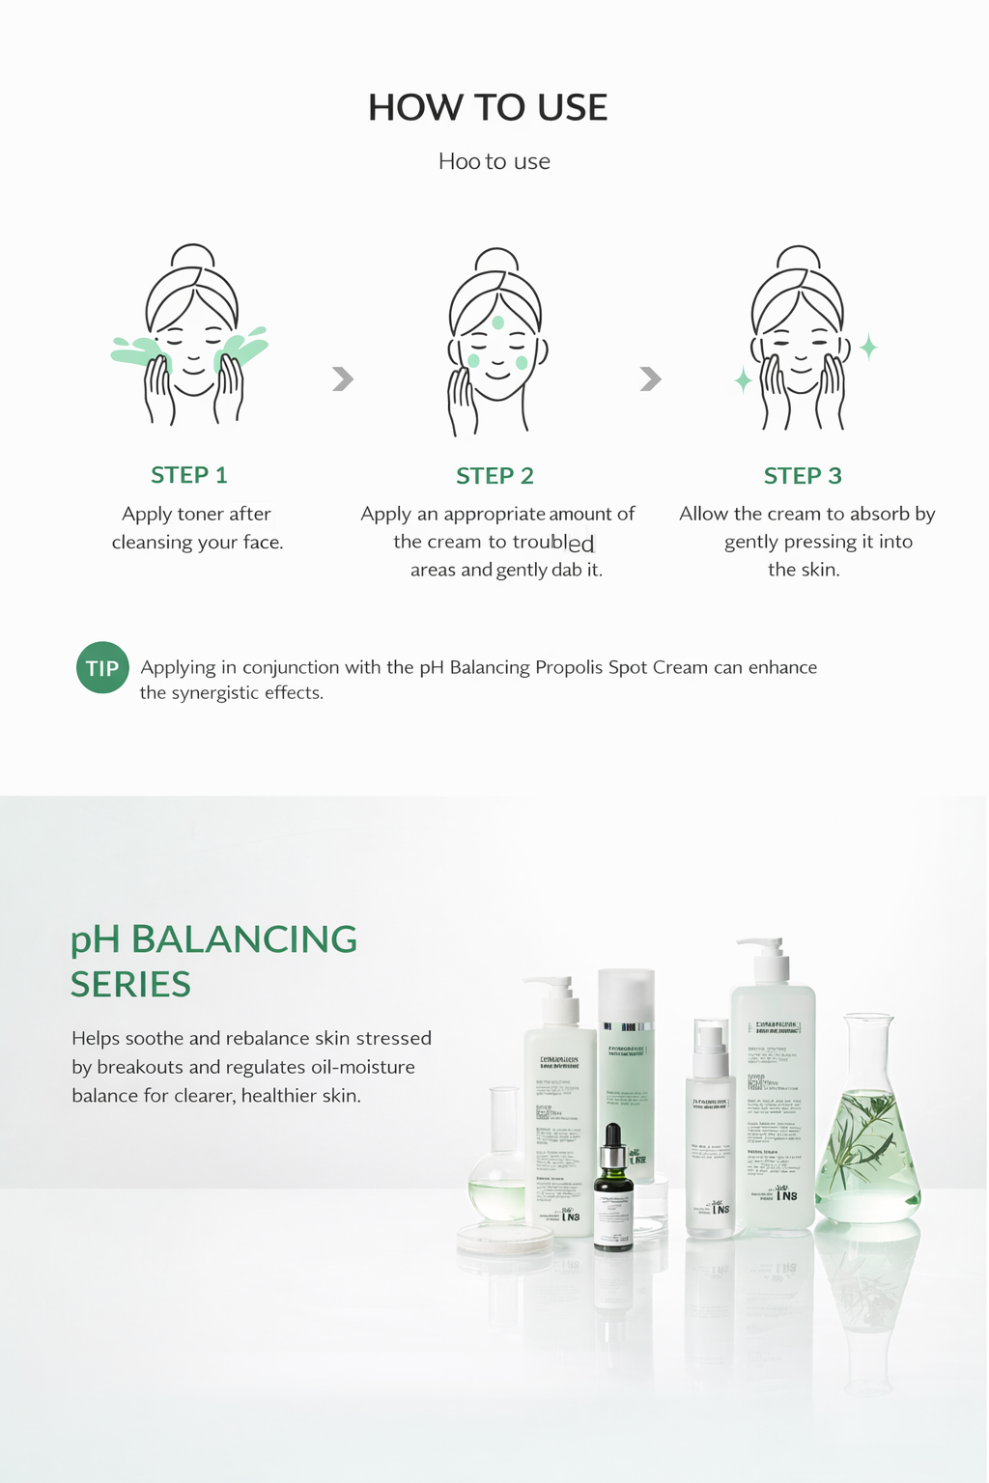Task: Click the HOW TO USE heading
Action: (488, 107)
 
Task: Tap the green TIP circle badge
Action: (102, 667)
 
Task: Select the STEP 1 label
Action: (189, 475)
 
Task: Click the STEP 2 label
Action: (494, 476)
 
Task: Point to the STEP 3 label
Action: (803, 476)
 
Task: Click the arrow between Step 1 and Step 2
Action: (343, 378)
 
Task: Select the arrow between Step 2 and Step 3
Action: (651, 378)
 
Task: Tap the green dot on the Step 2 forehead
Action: (498, 322)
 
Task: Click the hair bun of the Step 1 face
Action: (194, 257)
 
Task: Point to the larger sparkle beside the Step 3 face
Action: (868, 347)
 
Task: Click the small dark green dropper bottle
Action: (613, 1192)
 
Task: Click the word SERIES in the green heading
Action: (130, 985)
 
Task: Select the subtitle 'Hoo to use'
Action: (494, 161)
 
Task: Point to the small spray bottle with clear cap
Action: (710, 1130)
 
